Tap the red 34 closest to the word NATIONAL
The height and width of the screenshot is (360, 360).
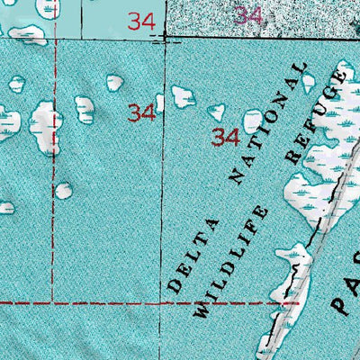pyautogui.click(x=225, y=138)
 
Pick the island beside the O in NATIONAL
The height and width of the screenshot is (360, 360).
pyautogui.click(x=253, y=120)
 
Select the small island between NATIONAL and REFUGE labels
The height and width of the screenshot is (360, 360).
pyautogui.click(x=309, y=83)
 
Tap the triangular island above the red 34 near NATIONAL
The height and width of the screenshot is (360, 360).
pyautogui.click(x=216, y=112)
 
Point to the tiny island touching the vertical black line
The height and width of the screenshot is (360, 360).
pyautogui.click(x=160, y=102)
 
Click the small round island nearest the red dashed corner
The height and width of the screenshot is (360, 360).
pyautogui.click(x=63, y=190)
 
